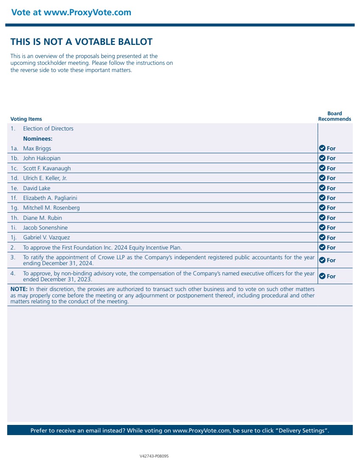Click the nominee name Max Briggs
37,148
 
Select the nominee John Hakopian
42,158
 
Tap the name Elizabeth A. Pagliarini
50,198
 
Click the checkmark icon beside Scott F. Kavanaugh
322,168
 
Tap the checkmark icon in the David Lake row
322,188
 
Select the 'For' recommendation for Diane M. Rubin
331,218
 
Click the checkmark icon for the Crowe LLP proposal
322,260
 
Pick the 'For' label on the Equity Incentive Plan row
331,247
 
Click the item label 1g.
14,208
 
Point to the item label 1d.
14,178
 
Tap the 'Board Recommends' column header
335,116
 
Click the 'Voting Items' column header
26,119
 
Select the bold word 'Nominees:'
38,139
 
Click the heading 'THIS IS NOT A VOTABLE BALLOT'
81,42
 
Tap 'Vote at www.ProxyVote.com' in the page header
71,12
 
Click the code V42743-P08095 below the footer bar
154,456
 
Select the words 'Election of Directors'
48,129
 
